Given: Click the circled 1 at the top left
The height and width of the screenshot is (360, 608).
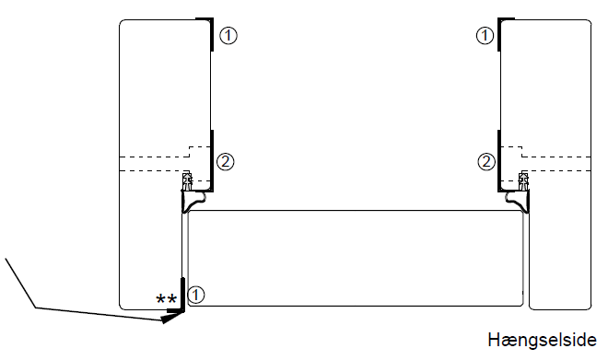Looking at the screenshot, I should tap(228, 36).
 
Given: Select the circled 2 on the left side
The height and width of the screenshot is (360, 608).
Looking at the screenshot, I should tap(225, 162).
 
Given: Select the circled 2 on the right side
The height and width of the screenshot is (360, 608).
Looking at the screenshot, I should tap(486, 162).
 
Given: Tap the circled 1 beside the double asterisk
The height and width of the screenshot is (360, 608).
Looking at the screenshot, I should tap(196, 296).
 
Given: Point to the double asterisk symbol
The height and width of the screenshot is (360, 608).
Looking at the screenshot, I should tap(167, 299).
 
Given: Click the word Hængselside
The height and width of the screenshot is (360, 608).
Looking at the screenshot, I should tap(543, 339).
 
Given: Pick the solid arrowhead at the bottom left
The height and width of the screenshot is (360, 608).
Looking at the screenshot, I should tap(171, 317).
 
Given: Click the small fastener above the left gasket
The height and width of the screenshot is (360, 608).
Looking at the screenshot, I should tap(187, 178).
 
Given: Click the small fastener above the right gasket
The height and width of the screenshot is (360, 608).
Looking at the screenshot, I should tap(524, 178).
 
